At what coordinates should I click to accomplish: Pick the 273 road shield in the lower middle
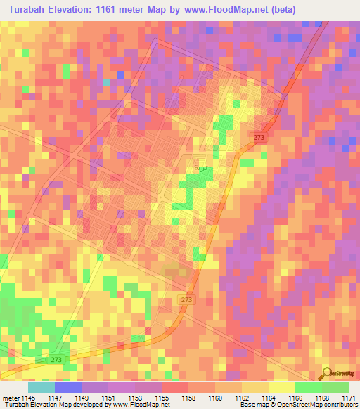click(x=186, y=300)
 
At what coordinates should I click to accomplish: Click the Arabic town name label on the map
click(x=200, y=169)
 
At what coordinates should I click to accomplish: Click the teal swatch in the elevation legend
click(x=41, y=387)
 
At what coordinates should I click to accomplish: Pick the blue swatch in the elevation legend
click(x=67, y=387)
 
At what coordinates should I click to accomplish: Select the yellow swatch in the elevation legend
click(x=281, y=387)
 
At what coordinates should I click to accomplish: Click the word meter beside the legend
click(x=11, y=397)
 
